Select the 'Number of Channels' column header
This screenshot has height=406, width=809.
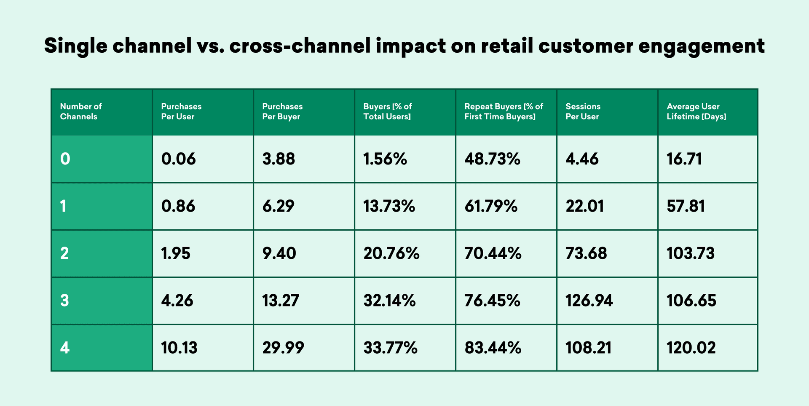[81, 112]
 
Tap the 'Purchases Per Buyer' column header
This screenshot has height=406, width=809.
[282, 112]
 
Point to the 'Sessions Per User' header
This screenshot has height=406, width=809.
[583, 112]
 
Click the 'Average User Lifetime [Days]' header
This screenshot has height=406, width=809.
[696, 112]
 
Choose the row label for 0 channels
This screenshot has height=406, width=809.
[65, 159]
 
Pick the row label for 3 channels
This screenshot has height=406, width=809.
[64, 301]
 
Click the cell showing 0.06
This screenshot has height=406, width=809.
[179, 159]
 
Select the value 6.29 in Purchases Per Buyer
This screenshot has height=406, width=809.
[278, 206]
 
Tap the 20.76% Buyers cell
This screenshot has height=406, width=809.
[391, 253]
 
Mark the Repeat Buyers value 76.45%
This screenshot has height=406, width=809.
[492, 301]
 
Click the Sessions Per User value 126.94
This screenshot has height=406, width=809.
[589, 301]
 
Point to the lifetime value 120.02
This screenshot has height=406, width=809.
[691, 348]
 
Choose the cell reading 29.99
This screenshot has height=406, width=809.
[283, 348]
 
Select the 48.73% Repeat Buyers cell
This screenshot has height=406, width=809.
[492, 159]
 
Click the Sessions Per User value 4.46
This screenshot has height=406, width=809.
[582, 159]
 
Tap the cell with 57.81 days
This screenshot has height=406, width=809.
[686, 206]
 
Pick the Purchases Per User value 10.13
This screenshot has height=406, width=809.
[179, 348]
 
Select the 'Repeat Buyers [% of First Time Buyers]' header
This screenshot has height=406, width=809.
[504, 112]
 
